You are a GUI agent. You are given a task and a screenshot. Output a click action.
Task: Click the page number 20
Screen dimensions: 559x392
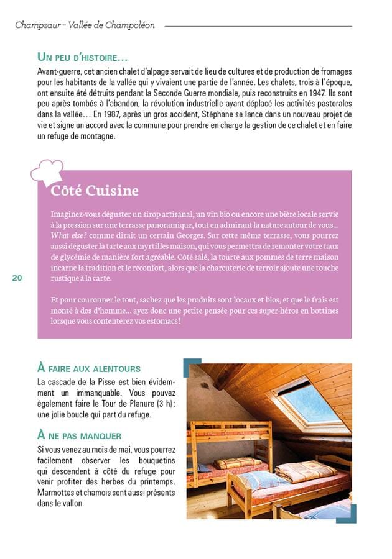coord(17,278)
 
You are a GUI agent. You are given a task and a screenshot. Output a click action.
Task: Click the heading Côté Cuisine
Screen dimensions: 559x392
coord(95,190)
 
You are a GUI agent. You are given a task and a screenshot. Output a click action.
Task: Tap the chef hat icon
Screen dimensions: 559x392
coord(47,170)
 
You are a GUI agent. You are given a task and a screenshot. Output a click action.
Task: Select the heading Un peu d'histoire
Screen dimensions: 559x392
coord(82,57)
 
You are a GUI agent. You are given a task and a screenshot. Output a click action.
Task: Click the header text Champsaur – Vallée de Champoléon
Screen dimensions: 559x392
coord(85,25)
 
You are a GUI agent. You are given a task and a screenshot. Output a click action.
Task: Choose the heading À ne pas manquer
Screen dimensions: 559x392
coord(79,435)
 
